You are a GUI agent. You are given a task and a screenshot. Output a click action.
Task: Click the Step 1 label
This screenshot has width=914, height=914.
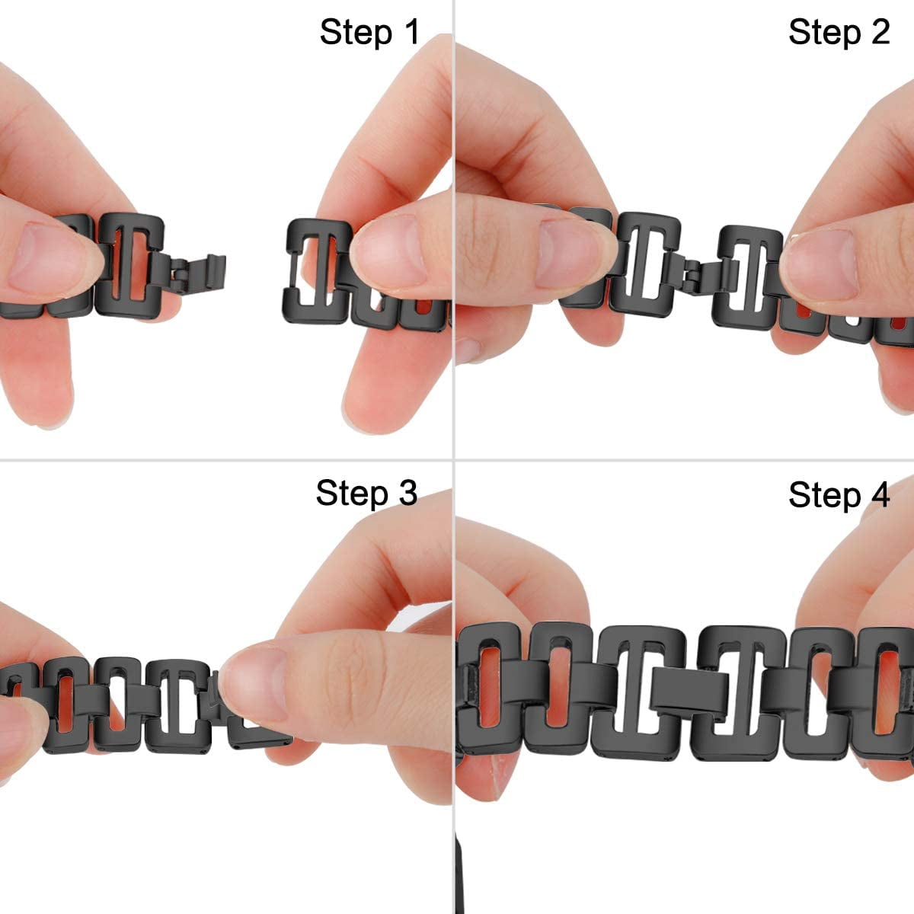(369, 32)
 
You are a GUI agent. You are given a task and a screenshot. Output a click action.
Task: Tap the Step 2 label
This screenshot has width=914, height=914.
(839, 32)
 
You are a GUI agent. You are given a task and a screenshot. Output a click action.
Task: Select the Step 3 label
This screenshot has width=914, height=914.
(366, 493)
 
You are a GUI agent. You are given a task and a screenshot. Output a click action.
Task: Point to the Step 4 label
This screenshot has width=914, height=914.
(839, 494)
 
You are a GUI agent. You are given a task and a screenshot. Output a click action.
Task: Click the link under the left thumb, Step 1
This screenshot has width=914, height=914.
(129, 263)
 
